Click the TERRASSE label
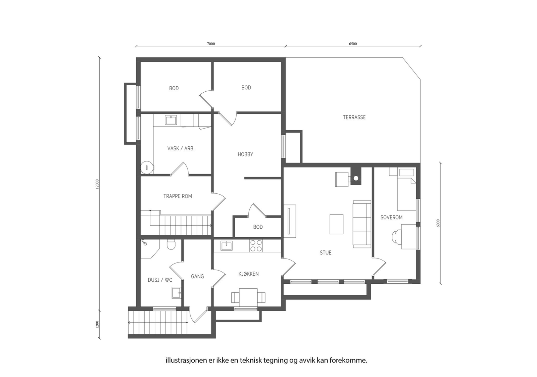click(x=354, y=117)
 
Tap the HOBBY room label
click(x=245, y=154)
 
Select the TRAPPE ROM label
click(x=178, y=196)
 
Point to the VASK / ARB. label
click(x=181, y=148)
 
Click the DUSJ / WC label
click(x=160, y=280)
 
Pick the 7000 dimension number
click(x=211, y=44)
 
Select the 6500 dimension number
click(x=353, y=44)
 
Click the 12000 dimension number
click(x=97, y=184)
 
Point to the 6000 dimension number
click(x=438, y=223)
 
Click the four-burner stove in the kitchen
click(x=256, y=246)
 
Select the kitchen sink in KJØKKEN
click(x=226, y=246)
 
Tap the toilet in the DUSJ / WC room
click(x=171, y=244)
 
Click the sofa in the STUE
click(x=362, y=224)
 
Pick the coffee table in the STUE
click(x=336, y=224)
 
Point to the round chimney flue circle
click(x=356, y=178)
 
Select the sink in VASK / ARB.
click(x=171, y=120)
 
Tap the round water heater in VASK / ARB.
click(x=147, y=167)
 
